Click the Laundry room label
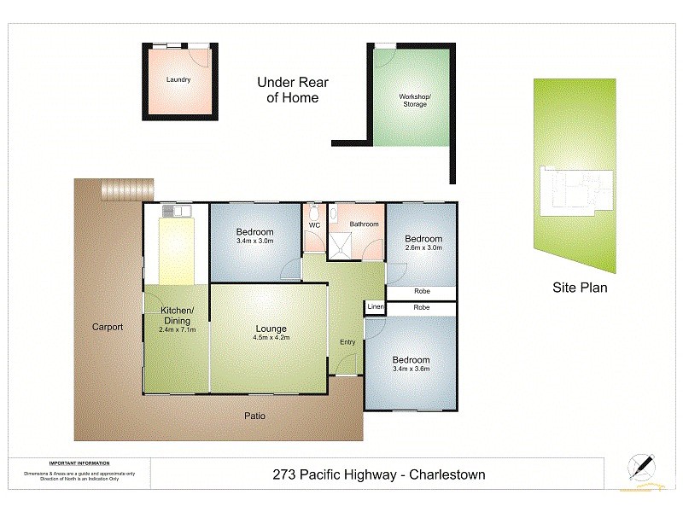(x=178, y=80)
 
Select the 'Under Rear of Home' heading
(x=293, y=90)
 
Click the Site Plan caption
(x=580, y=288)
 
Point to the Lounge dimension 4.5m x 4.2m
(x=271, y=338)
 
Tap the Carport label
(x=108, y=327)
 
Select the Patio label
(x=255, y=416)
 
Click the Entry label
(x=347, y=342)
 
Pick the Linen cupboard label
(x=375, y=307)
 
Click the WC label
(x=313, y=225)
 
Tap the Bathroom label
(x=365, y=224)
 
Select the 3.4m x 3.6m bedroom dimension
(x=411, y=370)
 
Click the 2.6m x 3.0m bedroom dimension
(x=423, y=248)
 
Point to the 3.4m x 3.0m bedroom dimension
(x=255, y=241)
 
